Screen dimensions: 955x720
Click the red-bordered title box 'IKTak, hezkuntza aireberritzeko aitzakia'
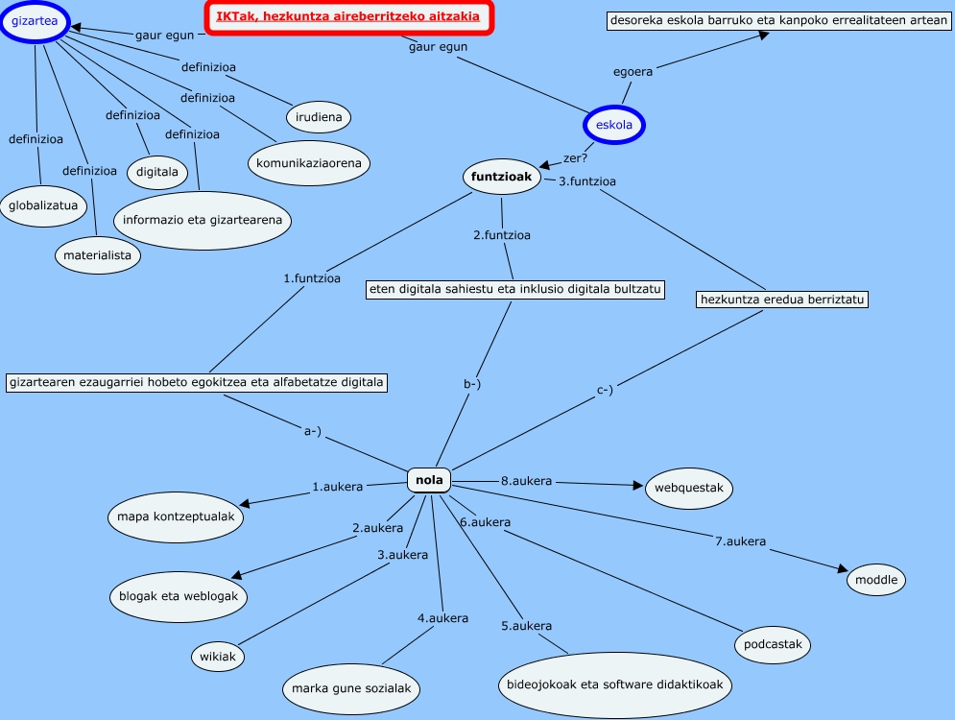point(348,17)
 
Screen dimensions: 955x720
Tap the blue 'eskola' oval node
point(614,125)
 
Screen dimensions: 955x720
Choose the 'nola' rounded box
point(428,480)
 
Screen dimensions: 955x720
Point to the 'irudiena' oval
point(319,117)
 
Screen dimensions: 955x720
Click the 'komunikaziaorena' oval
point(308,163)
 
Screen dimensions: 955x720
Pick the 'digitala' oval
point(157,173)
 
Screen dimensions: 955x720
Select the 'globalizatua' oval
point(44,205)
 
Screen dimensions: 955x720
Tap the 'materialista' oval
point(98,256)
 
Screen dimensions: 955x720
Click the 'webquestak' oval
point(689,489)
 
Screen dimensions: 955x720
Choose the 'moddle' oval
point(876,580)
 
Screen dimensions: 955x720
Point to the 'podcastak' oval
point(774,644)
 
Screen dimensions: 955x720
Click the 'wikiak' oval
point(217,658)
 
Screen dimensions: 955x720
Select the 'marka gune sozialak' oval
point(352,688)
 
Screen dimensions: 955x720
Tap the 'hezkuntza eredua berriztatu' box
point(783,300)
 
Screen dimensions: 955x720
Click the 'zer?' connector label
point(574,157)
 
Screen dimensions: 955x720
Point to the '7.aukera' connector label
point(740,541)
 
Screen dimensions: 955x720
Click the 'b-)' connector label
point(472,385)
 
